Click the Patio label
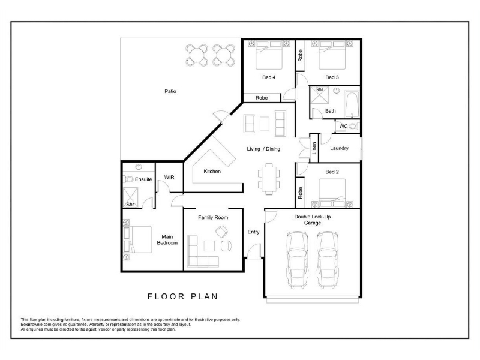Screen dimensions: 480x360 tap(170, 91)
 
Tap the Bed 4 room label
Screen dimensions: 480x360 tap(269, 77)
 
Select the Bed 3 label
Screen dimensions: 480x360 tap(332, 77)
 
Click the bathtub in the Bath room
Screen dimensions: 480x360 tap(352, 104)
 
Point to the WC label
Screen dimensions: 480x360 tap(343, 126)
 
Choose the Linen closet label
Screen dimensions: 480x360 tap(314, 148)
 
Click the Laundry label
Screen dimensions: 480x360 tap(339, 148)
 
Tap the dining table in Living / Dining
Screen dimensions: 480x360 tap(269, 179)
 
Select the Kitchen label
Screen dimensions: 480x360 tap(212, 172)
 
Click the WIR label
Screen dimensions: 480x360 tap(169, 177)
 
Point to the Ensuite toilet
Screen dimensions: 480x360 tap(128, 179)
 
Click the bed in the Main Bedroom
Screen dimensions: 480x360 tap(138, 239)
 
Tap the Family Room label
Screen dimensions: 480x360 tap(213, 217)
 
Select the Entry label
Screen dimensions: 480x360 tap(253, 232)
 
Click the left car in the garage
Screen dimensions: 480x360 tap(297, 260)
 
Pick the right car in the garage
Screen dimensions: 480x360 tap(328, 260)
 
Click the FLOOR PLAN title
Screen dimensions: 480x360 tap(183, 296)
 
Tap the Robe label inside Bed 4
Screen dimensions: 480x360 tap(262, 98)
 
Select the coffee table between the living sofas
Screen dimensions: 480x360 tap(265, 124)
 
